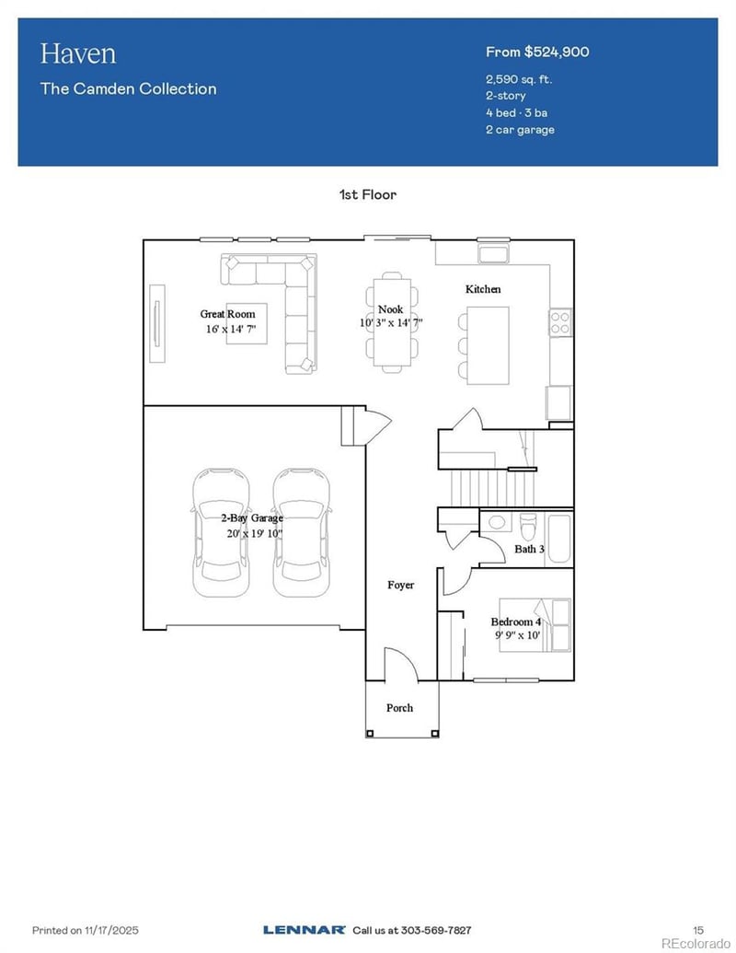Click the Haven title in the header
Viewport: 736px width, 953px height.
point(78,53)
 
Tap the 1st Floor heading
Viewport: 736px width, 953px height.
point(368,194)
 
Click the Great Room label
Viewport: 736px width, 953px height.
point(227,314)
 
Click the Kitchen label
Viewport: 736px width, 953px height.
point(483,289)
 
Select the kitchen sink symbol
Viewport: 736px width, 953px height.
point(493,253)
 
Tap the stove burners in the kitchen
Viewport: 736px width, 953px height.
point(560,321)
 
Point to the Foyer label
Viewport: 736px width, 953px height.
point(400,585)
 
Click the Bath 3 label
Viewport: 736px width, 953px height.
point(529,550)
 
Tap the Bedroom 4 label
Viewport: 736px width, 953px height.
point(515,622)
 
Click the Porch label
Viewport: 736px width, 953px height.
point(399,708)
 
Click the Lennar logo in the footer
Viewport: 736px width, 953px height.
point(304,930)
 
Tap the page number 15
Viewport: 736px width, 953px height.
point(697,930)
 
